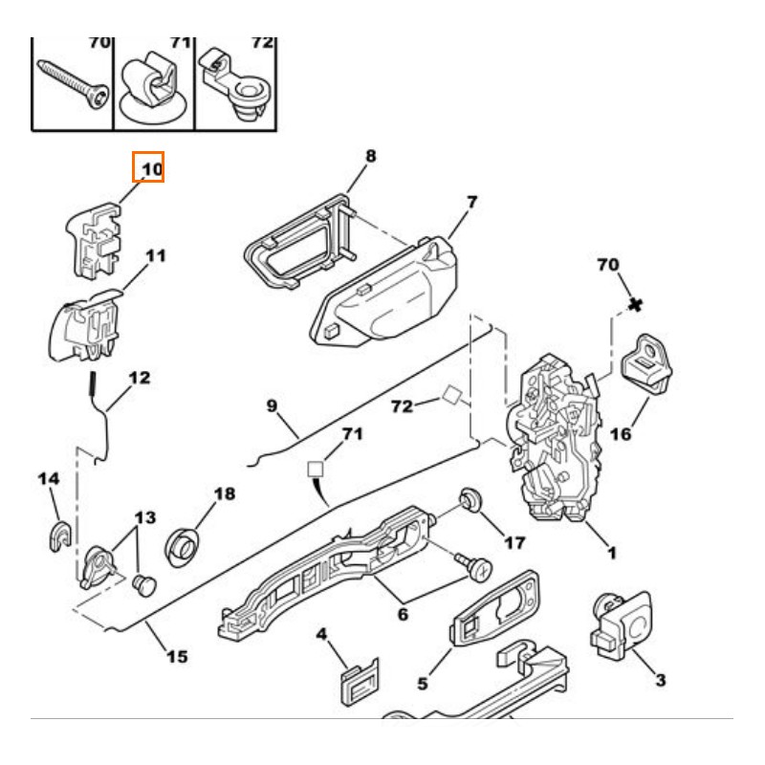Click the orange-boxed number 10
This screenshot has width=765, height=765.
tap(148, 169)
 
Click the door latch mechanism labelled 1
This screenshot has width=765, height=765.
tap(558, 440)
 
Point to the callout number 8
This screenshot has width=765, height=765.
tap(370, 156)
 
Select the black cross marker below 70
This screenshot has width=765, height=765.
tap(634, 305)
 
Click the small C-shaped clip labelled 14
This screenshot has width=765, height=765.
tap(57, 536)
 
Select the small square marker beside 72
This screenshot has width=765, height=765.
tap(452, 396)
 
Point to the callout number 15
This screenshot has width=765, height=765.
tap(177, 657)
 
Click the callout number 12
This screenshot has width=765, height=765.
tap(140, 378)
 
